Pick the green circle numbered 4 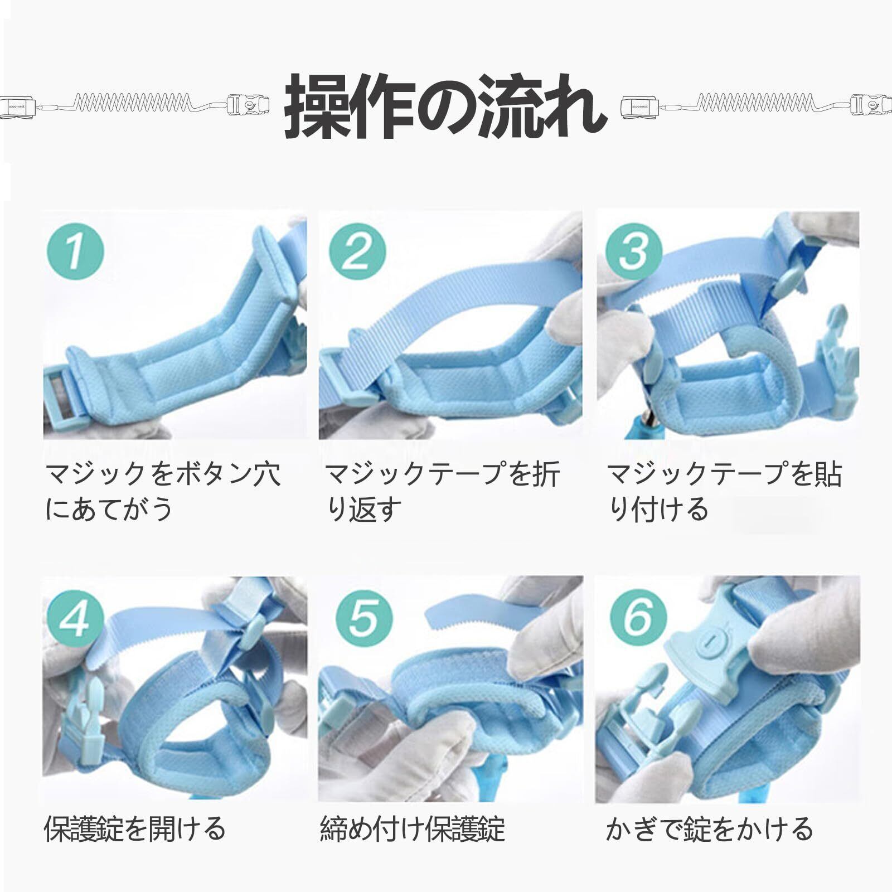tap(76, 618)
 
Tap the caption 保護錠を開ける tap(134, 828)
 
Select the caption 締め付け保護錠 tap(413, 828)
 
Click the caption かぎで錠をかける tap(709, 828)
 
